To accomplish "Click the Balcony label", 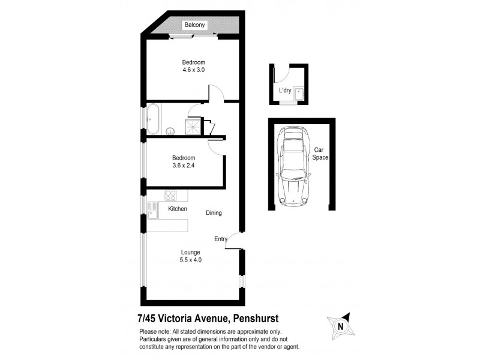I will pos(195,25).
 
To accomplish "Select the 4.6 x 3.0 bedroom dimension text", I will pos(194,70).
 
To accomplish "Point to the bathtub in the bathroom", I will pos(154,119).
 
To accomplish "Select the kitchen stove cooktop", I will pos(170,195).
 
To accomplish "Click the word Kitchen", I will pos(178,209).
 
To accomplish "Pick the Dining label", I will pos(214,213).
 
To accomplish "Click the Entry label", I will pos(221,239).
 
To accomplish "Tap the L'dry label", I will pos(286,91).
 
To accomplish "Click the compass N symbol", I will pos(340,326).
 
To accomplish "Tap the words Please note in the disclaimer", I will pos(154,332).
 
